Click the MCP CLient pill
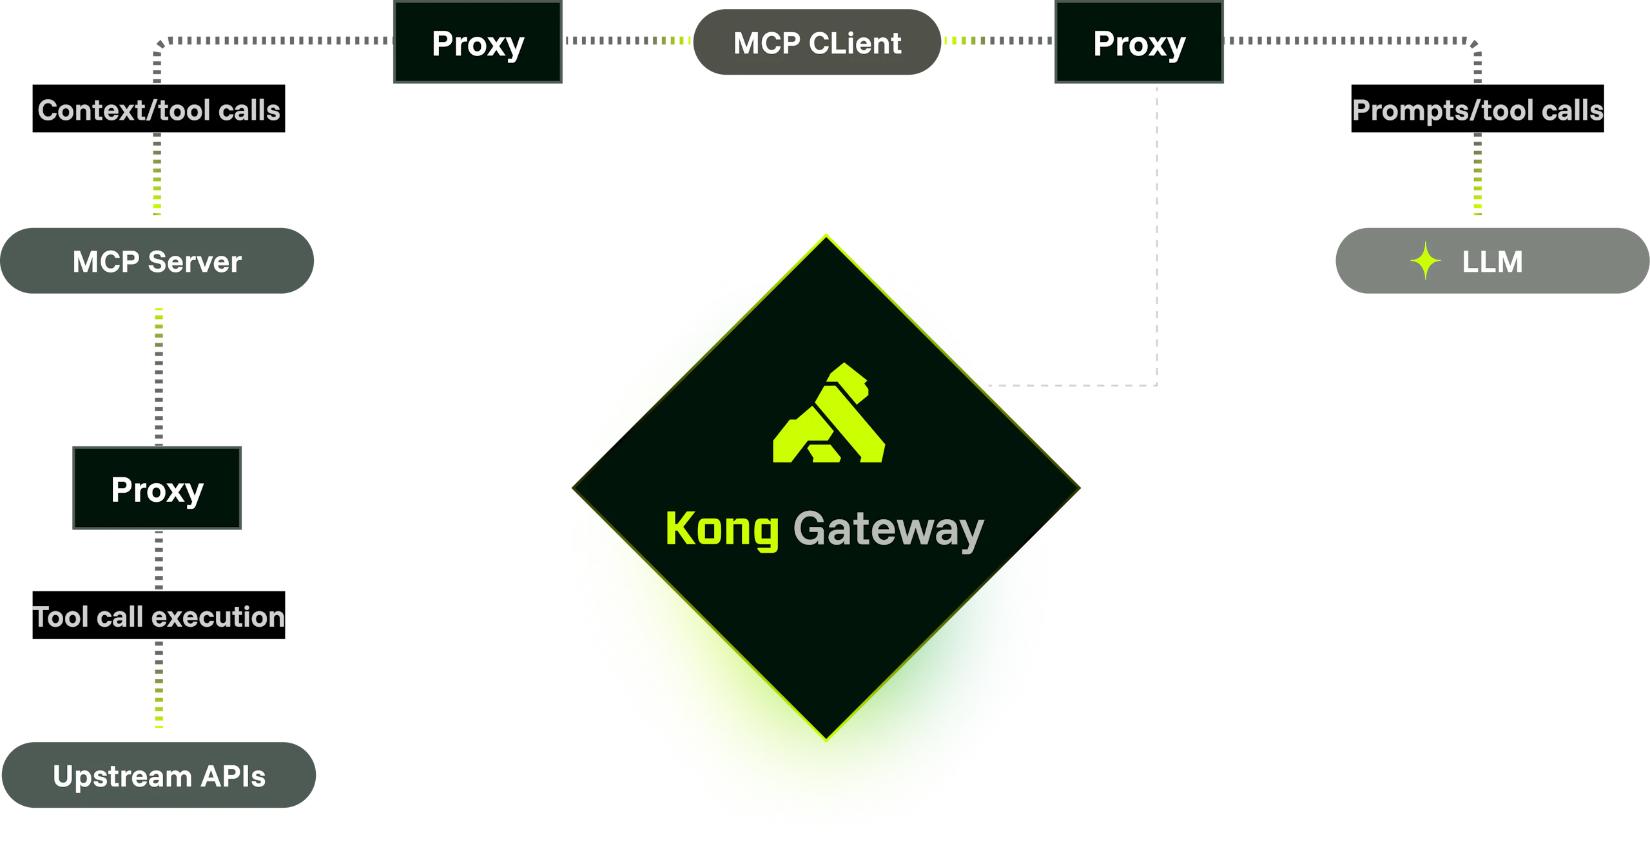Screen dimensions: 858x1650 pyautogui.click(x=817, y=43)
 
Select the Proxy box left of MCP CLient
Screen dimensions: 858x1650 pyautogui.click(x=478, y=44)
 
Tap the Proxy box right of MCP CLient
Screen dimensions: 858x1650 pyautogui.click(x=1139, y=44)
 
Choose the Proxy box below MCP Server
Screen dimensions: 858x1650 pyautogui.click(x=157, y=488)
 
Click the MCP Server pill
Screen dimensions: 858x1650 pyautogui.click(x=157, y=261)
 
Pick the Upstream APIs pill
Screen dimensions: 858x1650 pyautogui.click(x=159, y=776)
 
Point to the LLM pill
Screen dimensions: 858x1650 pyautogui.click(x=1491, y=261)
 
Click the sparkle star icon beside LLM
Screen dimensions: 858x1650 pyautogui.click(x=1426, y=262)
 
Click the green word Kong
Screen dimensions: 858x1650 pyautogui.click(x=722, y=529)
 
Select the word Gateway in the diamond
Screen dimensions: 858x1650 pyautogui.click(x=888, y=529)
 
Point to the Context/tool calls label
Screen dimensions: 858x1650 pyautogui.click(x=159, y=111)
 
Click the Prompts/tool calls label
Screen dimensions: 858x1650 pyautogui.click(x=1477, y=111)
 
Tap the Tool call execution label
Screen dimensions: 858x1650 pyautogui.click(x=159, y=616)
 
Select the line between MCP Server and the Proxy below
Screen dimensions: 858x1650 pyautogui.click(x=159, y=374)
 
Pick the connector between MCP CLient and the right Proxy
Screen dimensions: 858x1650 pyautogui.click(x=998, y=41)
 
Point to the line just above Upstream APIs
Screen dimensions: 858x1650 pyautogui.click(x=159, y=687)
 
